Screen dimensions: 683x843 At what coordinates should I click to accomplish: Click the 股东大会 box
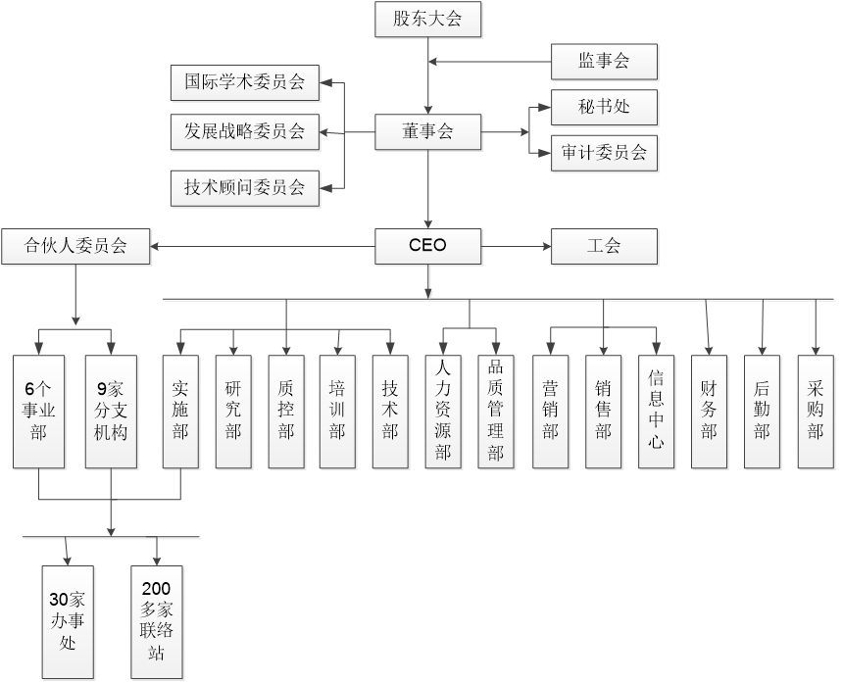[427, 20]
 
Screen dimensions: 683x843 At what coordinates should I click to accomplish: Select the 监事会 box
[604, 63]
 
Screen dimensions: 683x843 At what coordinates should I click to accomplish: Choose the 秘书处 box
[604, 108]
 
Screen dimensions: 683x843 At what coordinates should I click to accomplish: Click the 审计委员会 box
[604, 153]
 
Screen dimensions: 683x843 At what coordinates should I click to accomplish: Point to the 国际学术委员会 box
[244, 82]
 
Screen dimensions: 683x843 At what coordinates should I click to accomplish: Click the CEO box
[427, 246]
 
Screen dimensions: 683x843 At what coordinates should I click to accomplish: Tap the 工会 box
[604, 246]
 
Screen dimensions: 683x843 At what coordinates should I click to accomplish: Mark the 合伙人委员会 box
[76, 246]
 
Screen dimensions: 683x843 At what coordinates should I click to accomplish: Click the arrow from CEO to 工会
[517, 246]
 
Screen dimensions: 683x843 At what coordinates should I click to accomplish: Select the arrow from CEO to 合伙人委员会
[265, 246]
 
